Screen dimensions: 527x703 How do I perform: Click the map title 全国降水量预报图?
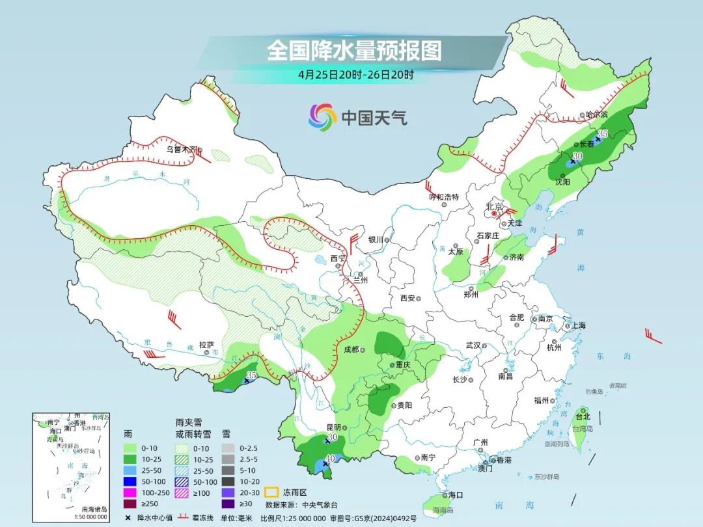click(x=354, y=50)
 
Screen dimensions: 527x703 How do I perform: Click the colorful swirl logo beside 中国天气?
click(x=322, y=117)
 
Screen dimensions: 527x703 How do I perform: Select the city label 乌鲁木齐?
click(x=181, y=149)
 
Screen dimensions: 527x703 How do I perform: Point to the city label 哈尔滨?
click(x=596, y=115)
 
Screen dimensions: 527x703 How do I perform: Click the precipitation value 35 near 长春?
click(x=603, y=133)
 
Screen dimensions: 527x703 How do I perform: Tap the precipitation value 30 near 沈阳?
click(x=577, y=157)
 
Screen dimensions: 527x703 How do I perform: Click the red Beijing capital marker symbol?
click(x=495, y=213)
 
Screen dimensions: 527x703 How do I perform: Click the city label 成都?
click(x=351, y=349)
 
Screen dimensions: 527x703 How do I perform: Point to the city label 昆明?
click(x=333, y=427)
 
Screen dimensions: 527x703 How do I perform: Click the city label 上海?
click(x=577, y=325)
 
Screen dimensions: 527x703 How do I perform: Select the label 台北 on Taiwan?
click(x=583, y=416)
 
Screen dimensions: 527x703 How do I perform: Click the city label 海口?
click(x=456, y=495)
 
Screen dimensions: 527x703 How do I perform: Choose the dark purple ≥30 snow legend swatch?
click(x=228, y=504)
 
